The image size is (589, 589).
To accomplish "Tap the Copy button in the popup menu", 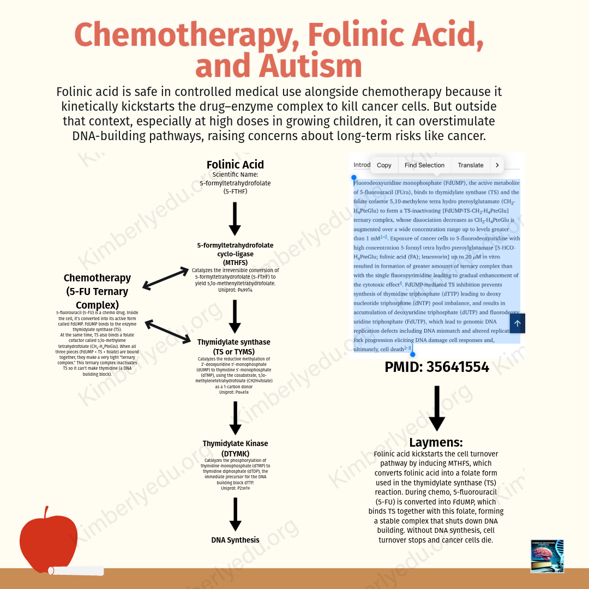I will (x=384, y=165).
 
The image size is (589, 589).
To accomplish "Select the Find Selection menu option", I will (x=424, y=165).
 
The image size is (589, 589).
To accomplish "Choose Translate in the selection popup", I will (x=470, y=165).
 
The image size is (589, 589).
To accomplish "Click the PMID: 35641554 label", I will (x=436, y=367).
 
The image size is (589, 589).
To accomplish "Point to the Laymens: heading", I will (x=436, y=442).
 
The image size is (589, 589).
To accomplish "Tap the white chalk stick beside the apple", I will (x=76, y=571).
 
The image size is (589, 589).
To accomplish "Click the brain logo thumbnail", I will (x=547, y=556).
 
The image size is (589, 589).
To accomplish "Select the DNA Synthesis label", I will (x=235, y=540).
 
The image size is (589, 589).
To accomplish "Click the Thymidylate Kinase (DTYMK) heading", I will (x=235, y=448).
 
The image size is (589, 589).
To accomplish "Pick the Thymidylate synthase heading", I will (x=234, y=346).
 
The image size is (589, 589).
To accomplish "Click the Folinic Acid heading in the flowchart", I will (x=235, y=165).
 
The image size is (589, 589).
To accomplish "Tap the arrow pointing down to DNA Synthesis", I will (x=235, y=514).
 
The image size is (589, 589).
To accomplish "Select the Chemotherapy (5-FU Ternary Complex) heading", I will (x=98, y=291).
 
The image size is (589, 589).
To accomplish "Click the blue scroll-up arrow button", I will (x=517, y=323).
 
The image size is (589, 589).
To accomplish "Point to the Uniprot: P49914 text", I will (x=235, y=290).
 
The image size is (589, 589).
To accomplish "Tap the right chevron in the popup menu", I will (x=497, y=165).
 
